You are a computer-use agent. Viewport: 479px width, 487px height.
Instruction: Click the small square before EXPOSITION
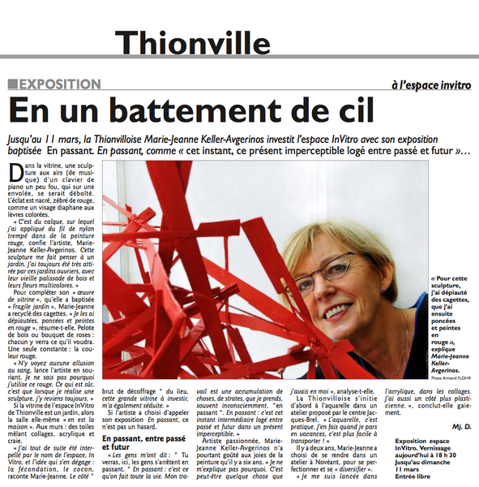(x=11, y=84)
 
